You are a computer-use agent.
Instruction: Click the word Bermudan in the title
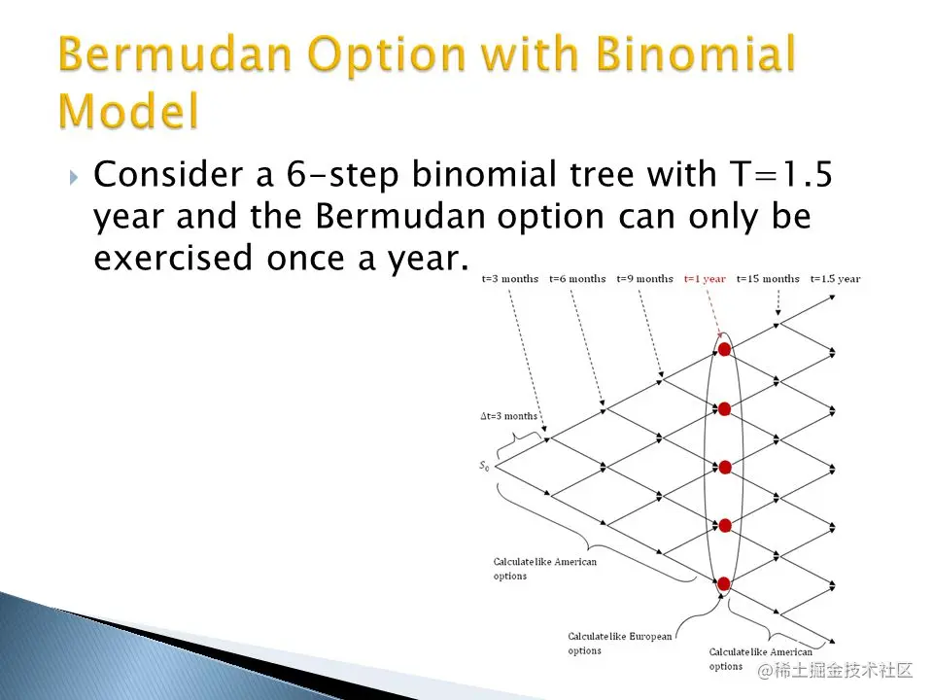[176, 53]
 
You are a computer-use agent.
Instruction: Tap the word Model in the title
[128, 111]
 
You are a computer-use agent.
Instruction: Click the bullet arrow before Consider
[74, 177]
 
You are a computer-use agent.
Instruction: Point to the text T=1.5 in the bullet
[780, 174]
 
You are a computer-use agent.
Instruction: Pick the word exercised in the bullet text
[173, 258]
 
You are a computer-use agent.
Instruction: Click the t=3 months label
[510, 279]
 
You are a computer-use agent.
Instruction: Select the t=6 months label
[577, 279]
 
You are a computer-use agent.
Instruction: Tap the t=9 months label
[644, 279]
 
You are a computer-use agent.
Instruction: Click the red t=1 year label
[705, 279]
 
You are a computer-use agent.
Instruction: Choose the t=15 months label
[768, 279]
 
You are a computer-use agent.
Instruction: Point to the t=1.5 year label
[836, 279]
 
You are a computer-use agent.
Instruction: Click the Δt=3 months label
[508, 416]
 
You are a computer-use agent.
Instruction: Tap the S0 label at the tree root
[484, 466]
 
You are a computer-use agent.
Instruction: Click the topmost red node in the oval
[724, 349]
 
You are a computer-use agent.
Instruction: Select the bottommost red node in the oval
[724, 584]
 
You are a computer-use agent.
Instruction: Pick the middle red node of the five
[725, 468]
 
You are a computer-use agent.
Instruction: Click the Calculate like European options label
[619, 644]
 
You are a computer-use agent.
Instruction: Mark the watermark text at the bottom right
[835, 670]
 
